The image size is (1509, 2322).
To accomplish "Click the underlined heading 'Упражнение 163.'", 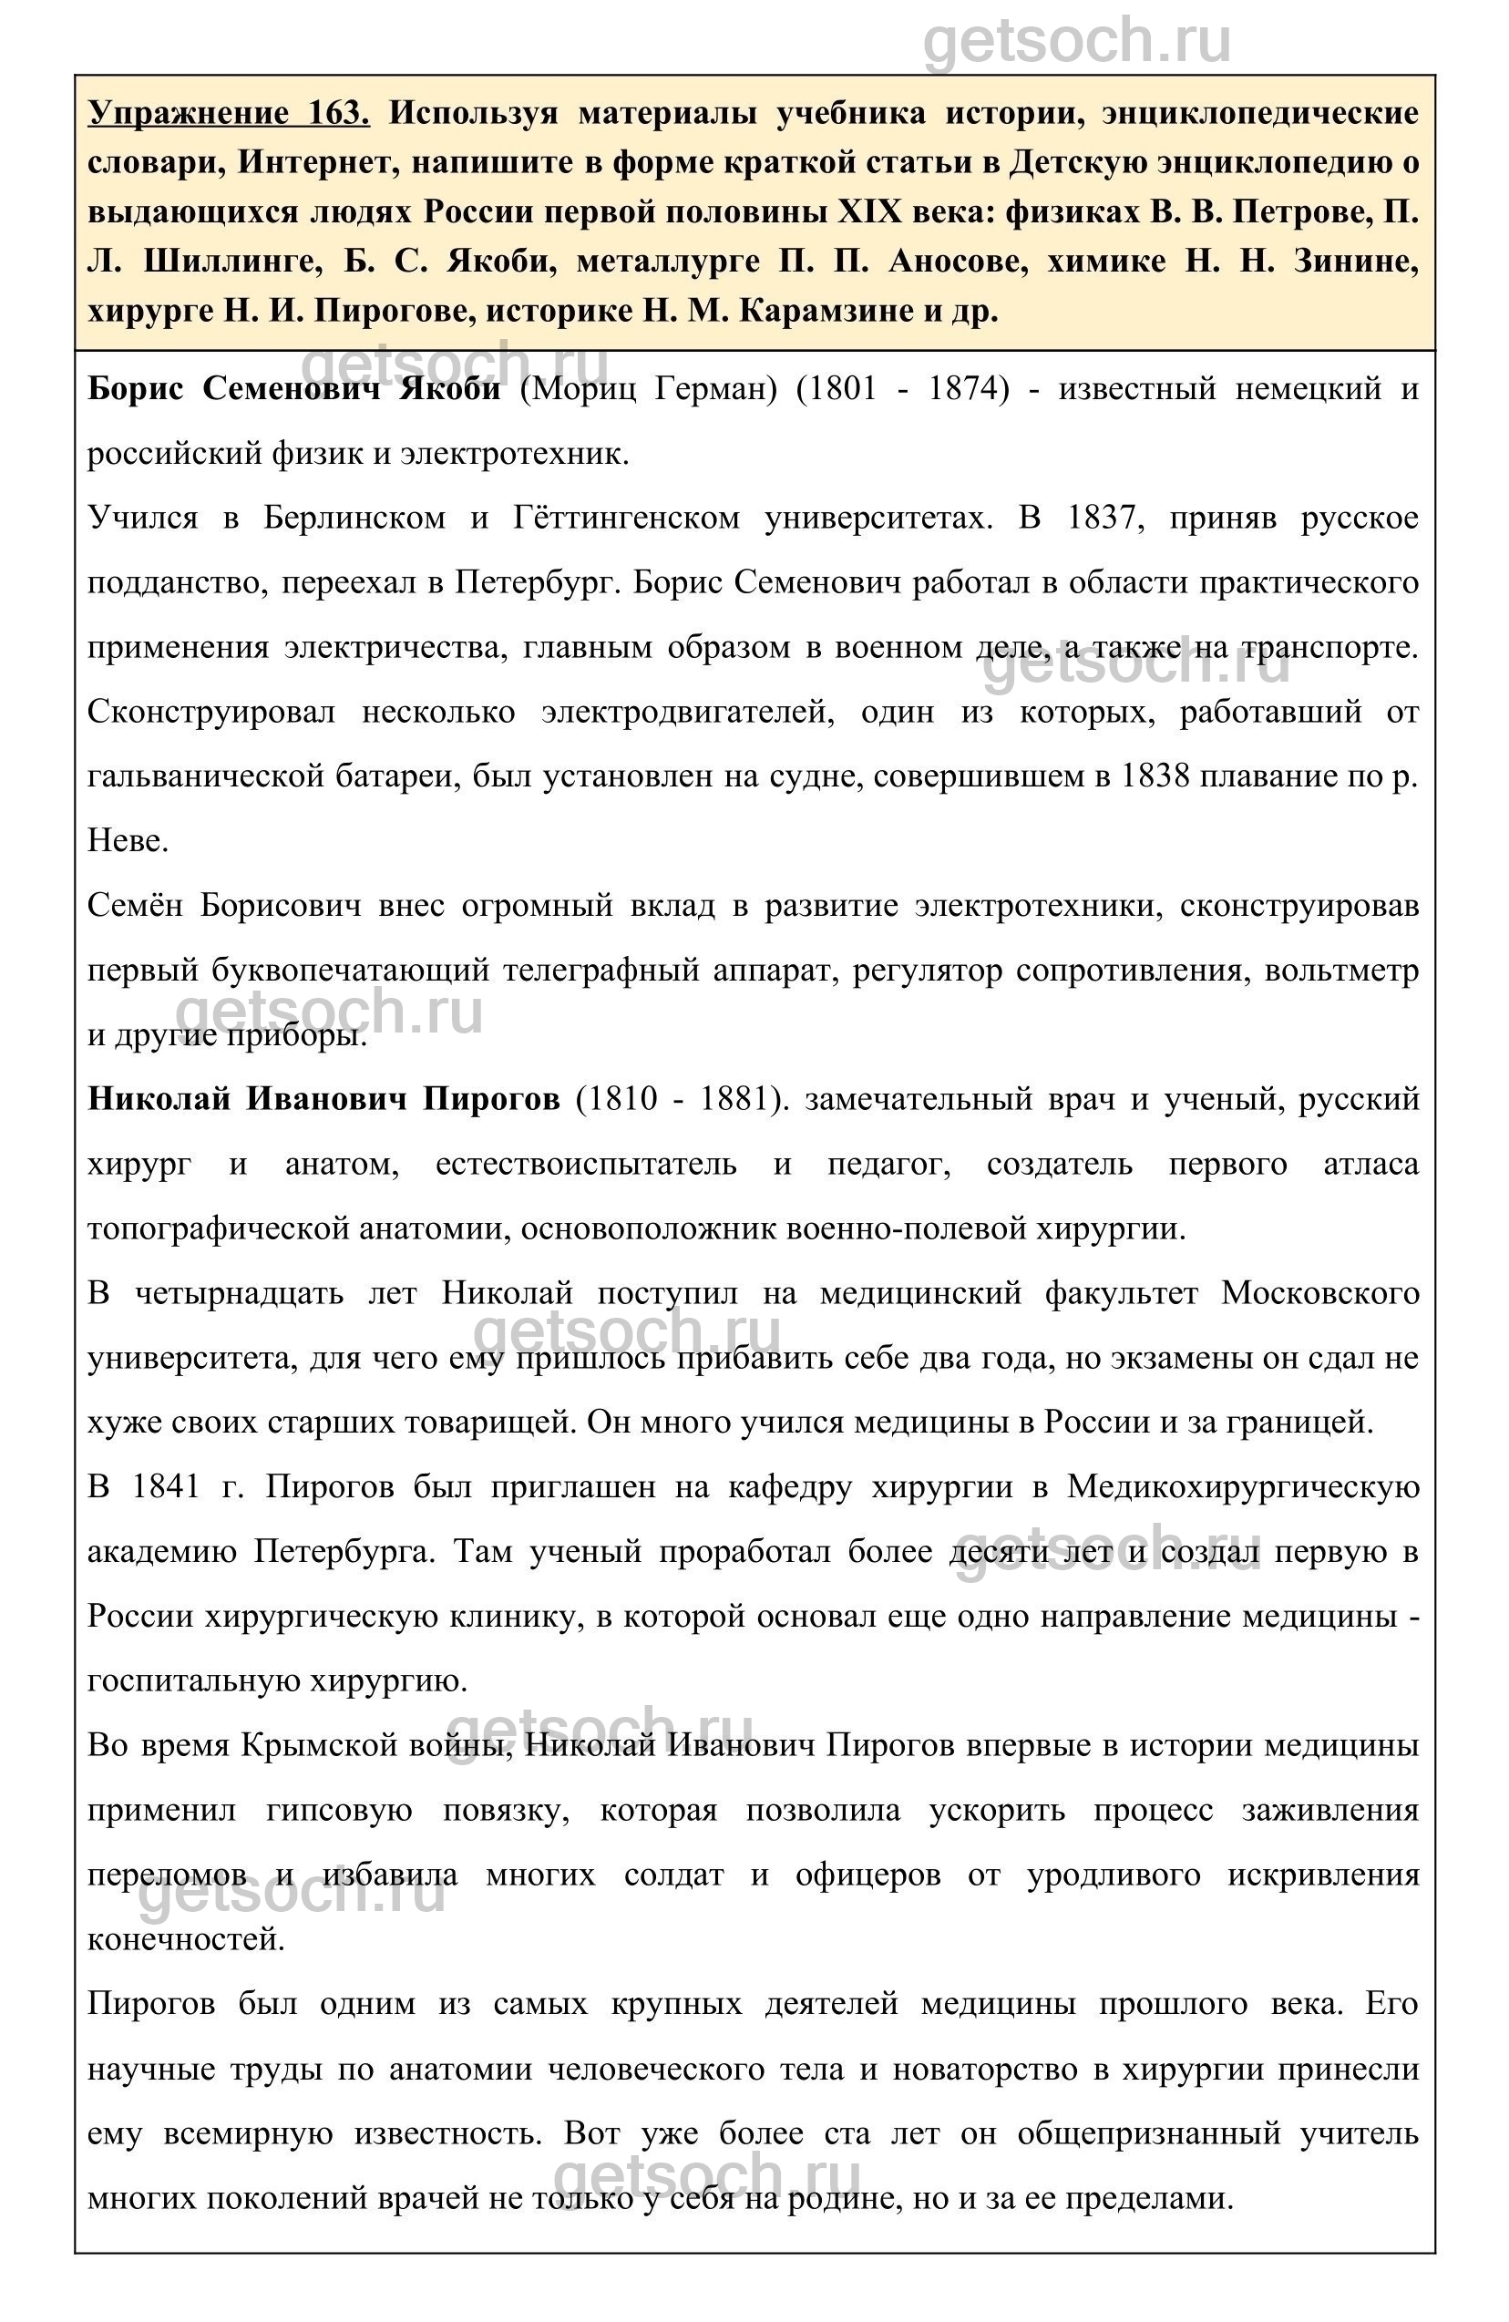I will click(x=228, y=114).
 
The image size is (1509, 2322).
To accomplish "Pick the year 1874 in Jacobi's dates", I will click(x=967, y=389).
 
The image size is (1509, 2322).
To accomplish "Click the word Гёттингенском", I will click(x=626, y=518).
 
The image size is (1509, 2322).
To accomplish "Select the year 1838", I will click(x=1155, y=776).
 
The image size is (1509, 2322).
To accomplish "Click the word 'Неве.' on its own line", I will click(x=128, y=841).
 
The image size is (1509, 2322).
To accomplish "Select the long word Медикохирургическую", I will click(x=1243, y=1487).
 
